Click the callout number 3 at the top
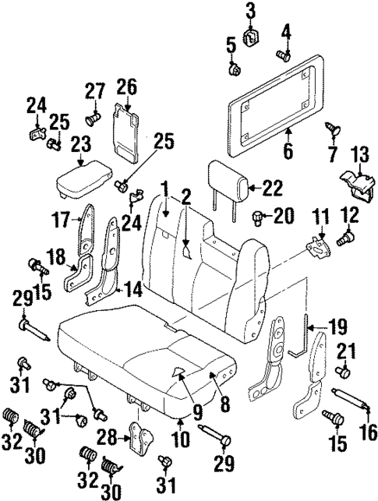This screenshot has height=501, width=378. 251,10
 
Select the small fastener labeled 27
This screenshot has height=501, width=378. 94,119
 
